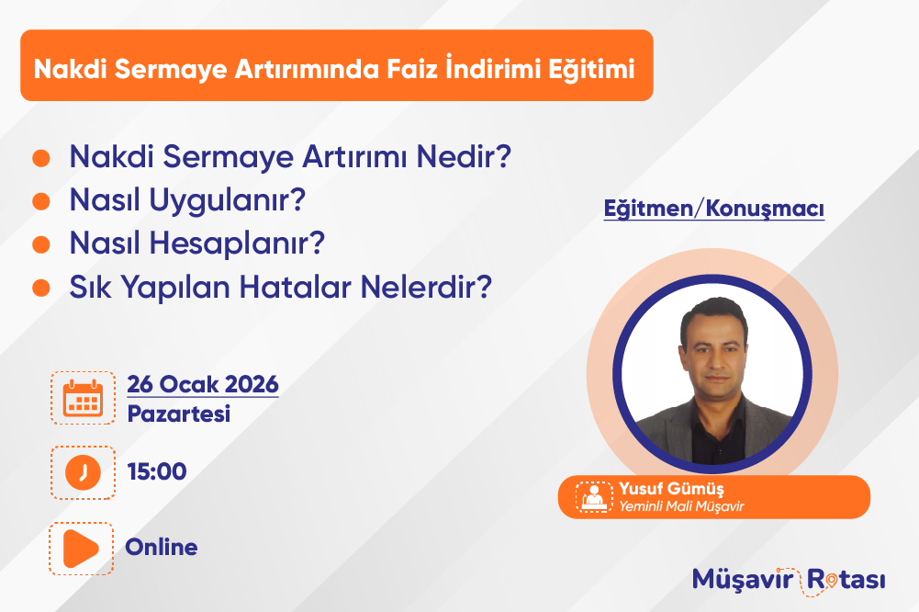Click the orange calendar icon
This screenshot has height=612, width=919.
83,398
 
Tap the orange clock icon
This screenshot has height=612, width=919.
83,472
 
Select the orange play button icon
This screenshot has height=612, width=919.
81,549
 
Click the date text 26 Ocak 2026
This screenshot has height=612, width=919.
203,384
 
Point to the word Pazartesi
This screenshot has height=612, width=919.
179,414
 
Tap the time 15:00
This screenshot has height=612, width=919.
157,471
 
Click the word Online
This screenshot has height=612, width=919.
162,547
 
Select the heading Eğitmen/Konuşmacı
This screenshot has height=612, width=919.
714,209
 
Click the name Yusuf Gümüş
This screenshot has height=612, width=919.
672,489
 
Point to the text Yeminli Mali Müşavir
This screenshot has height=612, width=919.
681,506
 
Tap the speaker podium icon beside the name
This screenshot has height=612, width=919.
594,497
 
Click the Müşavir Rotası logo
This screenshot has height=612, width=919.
789,581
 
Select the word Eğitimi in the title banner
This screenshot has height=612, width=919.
592,69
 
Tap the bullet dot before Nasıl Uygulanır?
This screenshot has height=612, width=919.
41,200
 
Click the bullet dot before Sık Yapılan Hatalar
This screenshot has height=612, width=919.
41,288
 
